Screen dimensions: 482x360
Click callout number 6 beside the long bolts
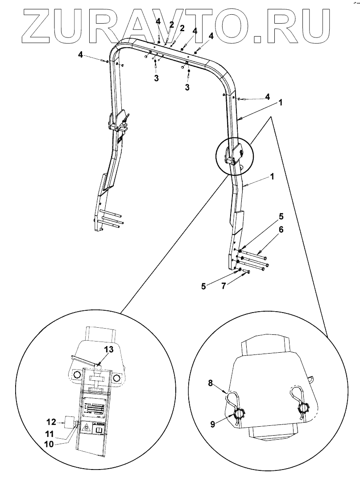(281, 230)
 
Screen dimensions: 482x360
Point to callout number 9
(213, 424)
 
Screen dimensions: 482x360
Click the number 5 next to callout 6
(281, 217)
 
